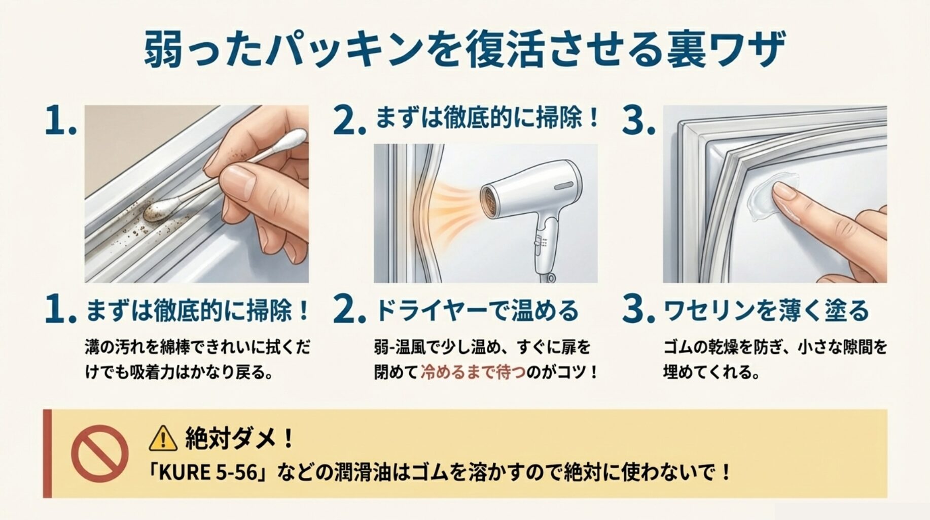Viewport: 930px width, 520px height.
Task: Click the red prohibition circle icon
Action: [x=99, y=453]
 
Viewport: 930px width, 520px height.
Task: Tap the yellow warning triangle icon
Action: [x=163, y=439]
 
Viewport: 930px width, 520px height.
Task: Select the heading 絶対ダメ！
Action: [x=239, y=438]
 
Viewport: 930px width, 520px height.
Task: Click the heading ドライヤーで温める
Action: [x=477, y=310]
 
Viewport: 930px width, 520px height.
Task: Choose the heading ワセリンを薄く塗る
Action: [x=766, y=310]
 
